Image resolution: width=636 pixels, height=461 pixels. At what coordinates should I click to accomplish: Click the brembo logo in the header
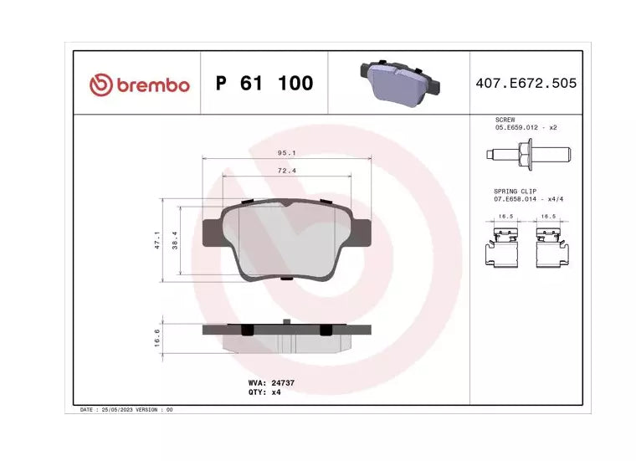tap(140, 85)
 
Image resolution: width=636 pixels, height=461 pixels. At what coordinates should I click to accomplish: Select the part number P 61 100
tap(264, 83)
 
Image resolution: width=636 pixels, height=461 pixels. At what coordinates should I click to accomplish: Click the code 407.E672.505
tap(526, 83)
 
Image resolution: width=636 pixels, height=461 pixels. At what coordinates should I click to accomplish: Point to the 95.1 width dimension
tap(287, 153)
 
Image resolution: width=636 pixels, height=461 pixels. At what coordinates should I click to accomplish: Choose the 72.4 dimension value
tap(287, 171)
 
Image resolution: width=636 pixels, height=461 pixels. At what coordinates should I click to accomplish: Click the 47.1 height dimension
tap(157, 240)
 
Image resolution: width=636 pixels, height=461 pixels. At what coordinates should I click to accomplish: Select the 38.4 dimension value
tap(175, 240)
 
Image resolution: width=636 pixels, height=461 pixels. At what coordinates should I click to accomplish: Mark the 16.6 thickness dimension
tap(157, 338)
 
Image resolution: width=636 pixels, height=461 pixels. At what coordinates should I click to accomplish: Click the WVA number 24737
tap(283, 382)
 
